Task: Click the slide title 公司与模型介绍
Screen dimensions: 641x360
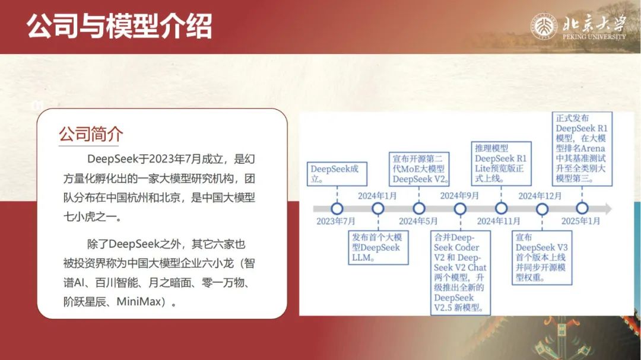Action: point(119,26)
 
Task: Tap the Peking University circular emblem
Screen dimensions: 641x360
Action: point(544,27)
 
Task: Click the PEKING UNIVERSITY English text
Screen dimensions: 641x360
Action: point(594,37)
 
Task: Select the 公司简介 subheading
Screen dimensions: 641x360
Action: point(91,133)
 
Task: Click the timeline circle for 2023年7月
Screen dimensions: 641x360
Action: point(337,209)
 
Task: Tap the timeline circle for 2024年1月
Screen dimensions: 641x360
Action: point(378,209)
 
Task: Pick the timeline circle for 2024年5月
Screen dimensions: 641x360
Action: point(419,209)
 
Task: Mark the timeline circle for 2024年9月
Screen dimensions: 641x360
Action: point(461,209)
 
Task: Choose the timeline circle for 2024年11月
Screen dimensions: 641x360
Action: point(501,209)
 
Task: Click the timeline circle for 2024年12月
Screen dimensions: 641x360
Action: point(542,209)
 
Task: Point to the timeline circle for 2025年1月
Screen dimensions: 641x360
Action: point(582,208)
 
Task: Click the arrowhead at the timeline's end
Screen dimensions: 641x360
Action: point(608,209)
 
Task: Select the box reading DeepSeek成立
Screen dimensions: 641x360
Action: point(337,174)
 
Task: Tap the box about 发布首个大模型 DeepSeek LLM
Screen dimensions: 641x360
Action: point(378,248)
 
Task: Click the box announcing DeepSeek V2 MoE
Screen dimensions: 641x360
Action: point(419,169)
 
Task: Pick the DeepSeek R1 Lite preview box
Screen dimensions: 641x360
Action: point(501,164)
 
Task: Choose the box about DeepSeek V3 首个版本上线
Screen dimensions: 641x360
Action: point(542,257)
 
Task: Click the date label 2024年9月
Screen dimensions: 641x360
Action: point(459,196)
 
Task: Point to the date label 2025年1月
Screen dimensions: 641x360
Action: point(580,221)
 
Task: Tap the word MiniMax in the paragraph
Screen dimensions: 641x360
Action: point(138,302)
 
